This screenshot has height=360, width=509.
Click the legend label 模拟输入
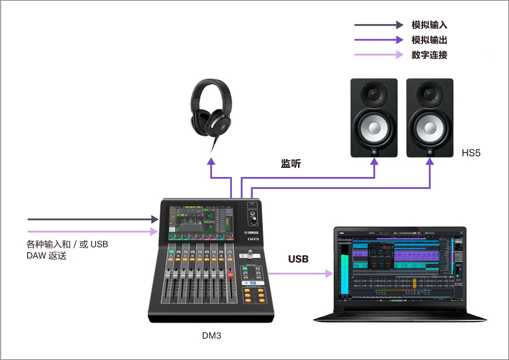tap(429, 25)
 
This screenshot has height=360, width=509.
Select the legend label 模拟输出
tap(429, 40)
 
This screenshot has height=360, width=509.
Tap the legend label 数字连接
tap(429, 55)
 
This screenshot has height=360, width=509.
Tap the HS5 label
tap(471, 153)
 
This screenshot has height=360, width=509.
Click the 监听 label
tap(291, 164)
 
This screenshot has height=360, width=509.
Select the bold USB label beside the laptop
tap(298, 259)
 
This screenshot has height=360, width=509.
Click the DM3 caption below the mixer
tap(212, 336)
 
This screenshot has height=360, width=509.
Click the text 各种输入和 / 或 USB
tap(67, 244)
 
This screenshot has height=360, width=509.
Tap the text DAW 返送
tap(46, 255)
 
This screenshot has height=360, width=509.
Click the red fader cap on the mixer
tap(230, 275)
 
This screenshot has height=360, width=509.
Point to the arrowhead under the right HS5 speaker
tap(429, 162)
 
